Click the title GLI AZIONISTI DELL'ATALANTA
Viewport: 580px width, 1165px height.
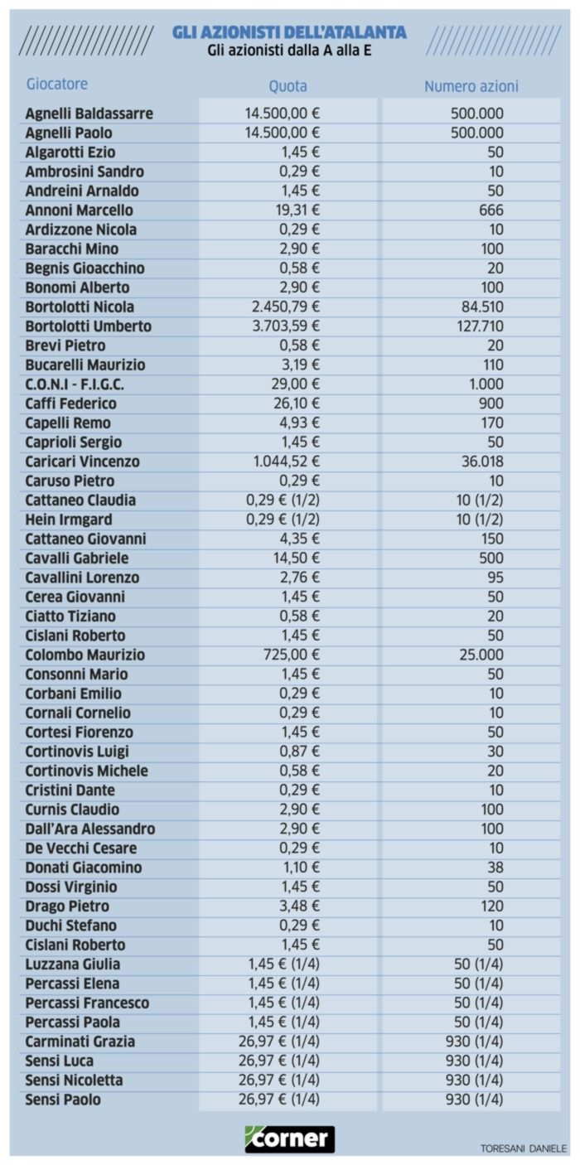point(289,32)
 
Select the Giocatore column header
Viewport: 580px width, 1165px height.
point(56,84)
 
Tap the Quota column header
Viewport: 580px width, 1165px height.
point(288,86)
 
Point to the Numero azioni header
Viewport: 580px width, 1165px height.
point(471,86)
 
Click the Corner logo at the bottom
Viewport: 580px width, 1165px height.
point(290,1138)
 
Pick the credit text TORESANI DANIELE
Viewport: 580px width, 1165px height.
point(524,1148)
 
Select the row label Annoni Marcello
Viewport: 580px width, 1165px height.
point(79,210)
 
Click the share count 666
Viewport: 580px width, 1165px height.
point(491,210)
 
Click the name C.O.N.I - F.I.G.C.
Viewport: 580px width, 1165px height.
point(75,384)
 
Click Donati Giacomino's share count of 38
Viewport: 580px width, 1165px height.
point(495,868)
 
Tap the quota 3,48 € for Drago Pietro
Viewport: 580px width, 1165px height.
point(301,906)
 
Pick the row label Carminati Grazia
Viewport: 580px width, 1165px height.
point(80,1042)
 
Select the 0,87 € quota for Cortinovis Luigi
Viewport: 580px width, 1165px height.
point(301,752)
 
